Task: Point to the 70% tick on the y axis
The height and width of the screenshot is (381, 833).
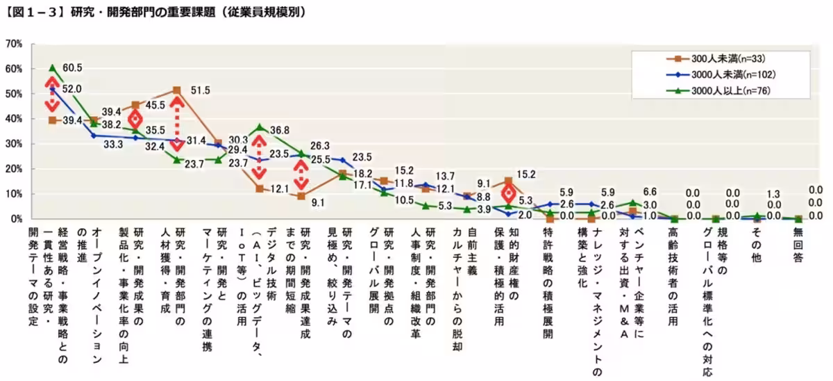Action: point(14,44)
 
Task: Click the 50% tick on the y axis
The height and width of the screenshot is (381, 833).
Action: point(14,94)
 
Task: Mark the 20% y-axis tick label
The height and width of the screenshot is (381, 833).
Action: point(14,169)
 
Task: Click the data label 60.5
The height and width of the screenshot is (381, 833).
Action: point(72,68)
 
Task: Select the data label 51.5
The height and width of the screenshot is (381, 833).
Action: point(200,90)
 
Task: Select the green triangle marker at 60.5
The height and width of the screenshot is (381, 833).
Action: point(53,68)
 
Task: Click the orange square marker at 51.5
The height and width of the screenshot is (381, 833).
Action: point(176,90)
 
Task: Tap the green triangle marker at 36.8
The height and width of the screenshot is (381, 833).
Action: point(259,127)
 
